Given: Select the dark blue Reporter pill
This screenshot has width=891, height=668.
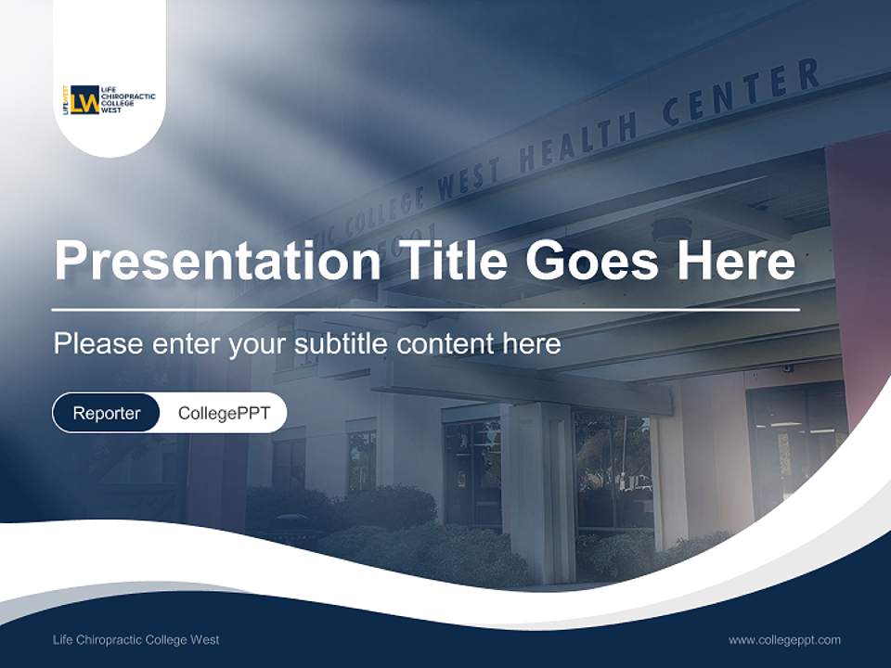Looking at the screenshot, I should point(106,413).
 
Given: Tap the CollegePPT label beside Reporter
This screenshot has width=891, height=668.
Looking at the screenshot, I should point(224,413).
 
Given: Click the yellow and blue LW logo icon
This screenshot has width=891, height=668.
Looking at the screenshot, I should point(84,99).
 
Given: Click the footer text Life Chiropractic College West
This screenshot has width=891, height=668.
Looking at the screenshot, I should point(136,639).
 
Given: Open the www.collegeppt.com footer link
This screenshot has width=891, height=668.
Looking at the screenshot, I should point(784,639).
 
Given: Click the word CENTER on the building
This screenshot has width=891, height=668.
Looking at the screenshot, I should point(742,92).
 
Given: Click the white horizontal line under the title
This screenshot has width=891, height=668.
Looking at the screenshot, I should point(426,309).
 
